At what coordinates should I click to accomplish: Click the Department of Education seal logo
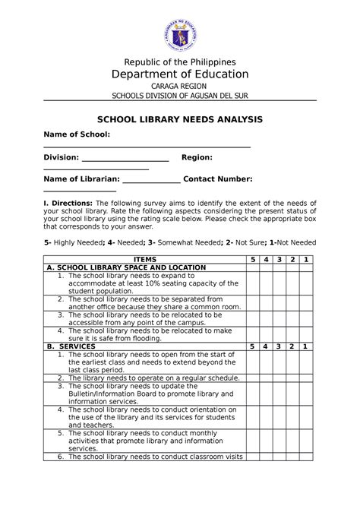pos(180,29)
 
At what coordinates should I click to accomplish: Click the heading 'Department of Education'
pos(180,74)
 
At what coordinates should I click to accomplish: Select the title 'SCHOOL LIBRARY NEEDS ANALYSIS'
pos(179,120)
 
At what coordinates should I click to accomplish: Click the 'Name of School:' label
pos(77,134)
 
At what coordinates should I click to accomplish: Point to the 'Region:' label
pos(196,157)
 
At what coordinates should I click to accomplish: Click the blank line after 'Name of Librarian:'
pos(151,180)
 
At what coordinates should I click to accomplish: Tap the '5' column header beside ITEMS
pos(254,260)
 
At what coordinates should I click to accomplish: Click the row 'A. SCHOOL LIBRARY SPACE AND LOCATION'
pos(126,268)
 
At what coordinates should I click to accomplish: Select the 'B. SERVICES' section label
pos(71,346)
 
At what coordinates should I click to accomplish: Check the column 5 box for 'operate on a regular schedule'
pos(254,378)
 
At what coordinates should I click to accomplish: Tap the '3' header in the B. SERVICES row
pos(280,346)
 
